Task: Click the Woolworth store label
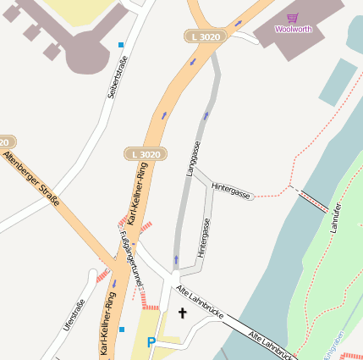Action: (293, 29)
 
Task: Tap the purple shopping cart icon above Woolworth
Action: (293, 17)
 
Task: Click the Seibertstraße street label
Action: (117, 77)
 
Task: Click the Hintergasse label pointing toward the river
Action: (231, 190)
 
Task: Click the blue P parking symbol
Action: (151, 342)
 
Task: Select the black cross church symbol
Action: (181, 313)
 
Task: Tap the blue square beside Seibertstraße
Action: (121, 44)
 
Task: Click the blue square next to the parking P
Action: (121, 329)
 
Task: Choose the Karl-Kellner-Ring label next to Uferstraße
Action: (107, 323)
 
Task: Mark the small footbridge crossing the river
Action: (313, 201)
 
